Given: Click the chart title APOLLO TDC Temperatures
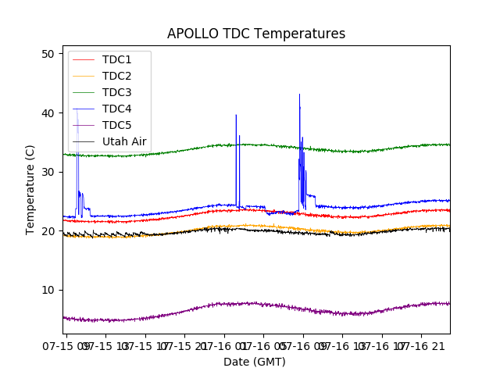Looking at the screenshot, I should click(x=256, y=34).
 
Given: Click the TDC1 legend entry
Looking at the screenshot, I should click(x=116, y=59).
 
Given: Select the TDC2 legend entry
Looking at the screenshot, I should click(x=116, y=76).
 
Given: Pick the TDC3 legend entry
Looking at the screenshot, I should click(x=116, y=92).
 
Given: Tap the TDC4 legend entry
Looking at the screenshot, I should click(x=116, y=109).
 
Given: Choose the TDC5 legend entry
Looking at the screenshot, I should click(x=116, y=125).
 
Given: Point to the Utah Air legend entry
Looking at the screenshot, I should click(x=124, y=141).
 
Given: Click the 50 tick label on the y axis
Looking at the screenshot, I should click(x=48, y=54).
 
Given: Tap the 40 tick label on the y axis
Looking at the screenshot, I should click(x=48, y=113).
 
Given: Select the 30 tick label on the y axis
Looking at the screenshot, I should click(x=48, y=172).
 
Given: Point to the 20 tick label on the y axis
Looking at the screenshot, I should click(x=48, y=231).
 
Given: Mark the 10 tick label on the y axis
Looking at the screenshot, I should click(x=48, y=290).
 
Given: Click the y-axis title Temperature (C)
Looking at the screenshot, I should click(x=30, y=189).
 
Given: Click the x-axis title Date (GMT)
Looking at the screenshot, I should click(x=255, y=362).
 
